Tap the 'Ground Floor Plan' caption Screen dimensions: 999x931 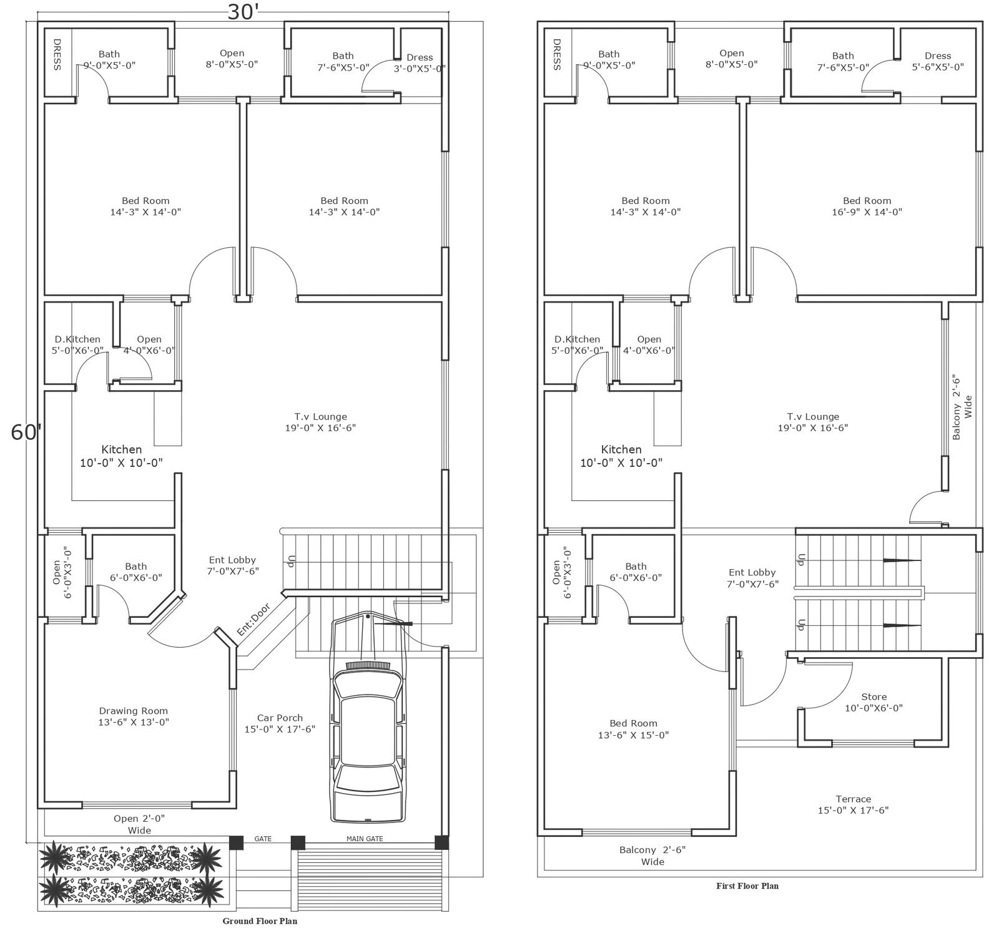point(260,921)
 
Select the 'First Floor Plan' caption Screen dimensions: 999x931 point(747,885)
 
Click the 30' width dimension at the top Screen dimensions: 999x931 point(243,12)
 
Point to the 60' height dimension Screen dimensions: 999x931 point(26,432)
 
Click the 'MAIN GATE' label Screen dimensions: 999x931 point(365,839)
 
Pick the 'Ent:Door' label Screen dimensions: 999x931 point(253,620)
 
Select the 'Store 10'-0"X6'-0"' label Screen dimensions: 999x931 point(874,703)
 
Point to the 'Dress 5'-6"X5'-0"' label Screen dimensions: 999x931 point(938,61)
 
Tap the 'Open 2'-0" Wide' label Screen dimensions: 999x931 point(139,824)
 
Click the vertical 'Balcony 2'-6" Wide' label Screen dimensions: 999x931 point(962,407)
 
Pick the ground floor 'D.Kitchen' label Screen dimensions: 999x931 point(77,339)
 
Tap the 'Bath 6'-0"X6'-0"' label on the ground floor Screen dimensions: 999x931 point(135,572)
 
